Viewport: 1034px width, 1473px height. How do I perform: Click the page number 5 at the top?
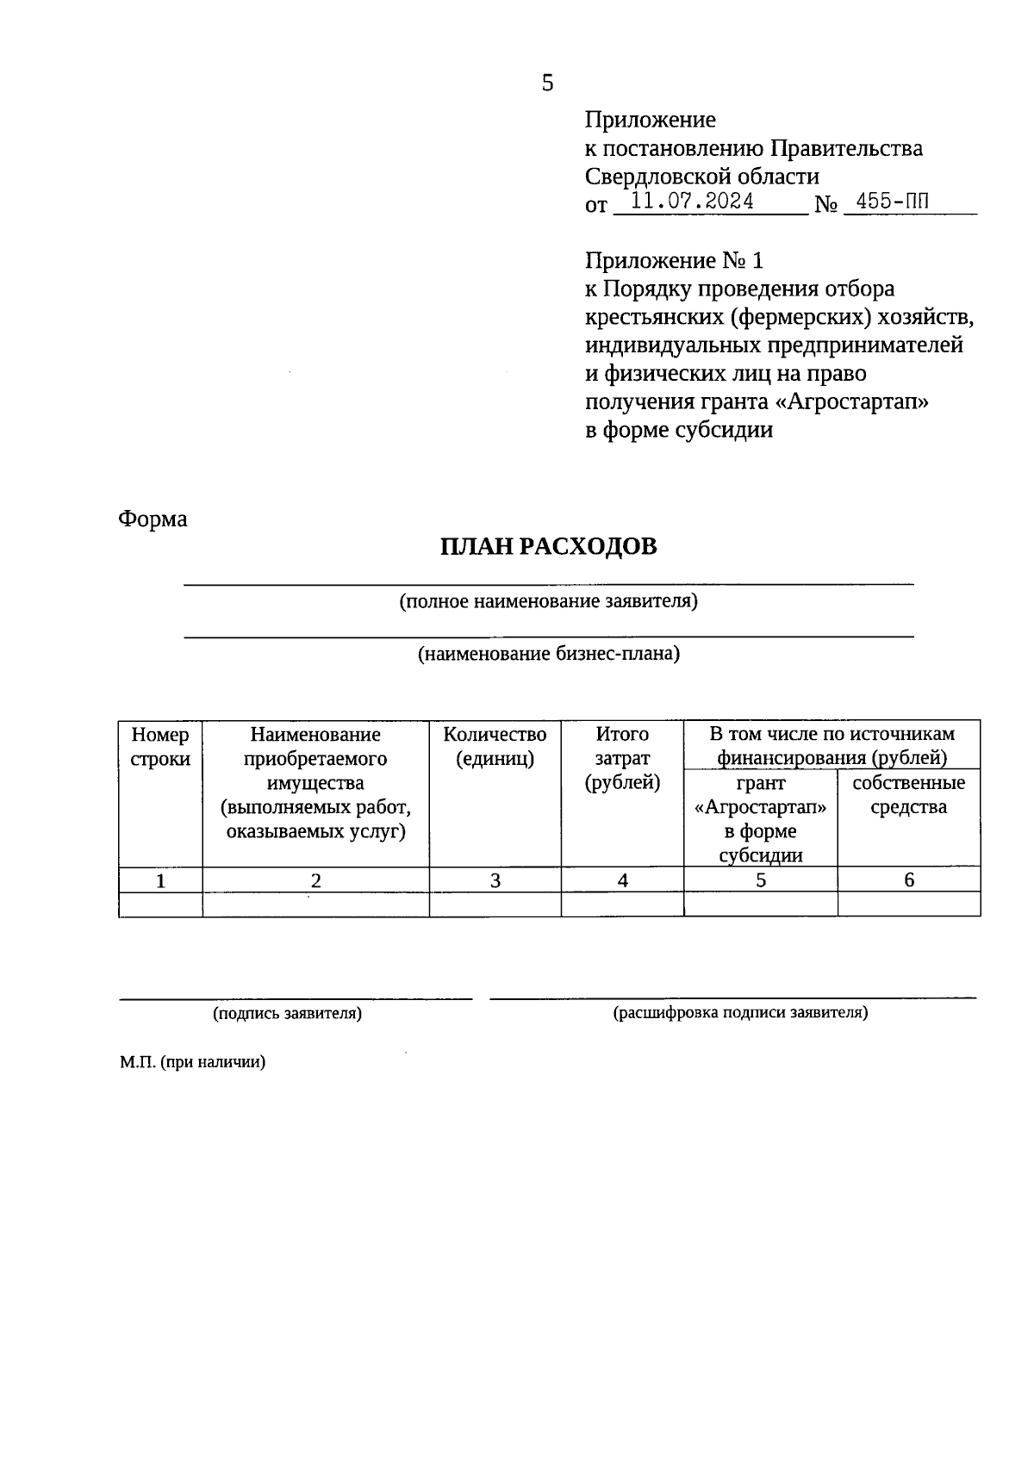point(547,84)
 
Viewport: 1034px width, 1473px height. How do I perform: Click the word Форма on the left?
point(153,519)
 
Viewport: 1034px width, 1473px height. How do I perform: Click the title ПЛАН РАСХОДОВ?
point(548,547)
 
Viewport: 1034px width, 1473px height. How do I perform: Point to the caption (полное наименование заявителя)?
point(548,601)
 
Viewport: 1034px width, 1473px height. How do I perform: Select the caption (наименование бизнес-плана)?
point(548,654)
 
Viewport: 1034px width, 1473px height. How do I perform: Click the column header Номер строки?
point(160,747)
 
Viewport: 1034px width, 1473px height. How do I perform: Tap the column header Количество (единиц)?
point(495,747)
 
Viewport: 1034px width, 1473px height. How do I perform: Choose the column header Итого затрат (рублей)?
point(622,758)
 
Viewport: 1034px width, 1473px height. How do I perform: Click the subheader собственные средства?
point(908,794)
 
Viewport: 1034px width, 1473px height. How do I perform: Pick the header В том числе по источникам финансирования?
point(832,745)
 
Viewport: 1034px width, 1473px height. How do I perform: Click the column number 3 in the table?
point(495,880)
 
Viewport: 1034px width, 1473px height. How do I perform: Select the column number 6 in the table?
point(908,880)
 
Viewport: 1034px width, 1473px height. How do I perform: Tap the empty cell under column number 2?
point(315,904)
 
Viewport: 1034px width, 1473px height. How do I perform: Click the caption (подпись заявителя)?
point(288,1014)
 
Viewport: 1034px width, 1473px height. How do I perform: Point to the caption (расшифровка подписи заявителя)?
point(740,1013)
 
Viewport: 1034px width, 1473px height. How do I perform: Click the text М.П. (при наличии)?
point(193,1062)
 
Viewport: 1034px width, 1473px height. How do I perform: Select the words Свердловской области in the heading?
point(702,177)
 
